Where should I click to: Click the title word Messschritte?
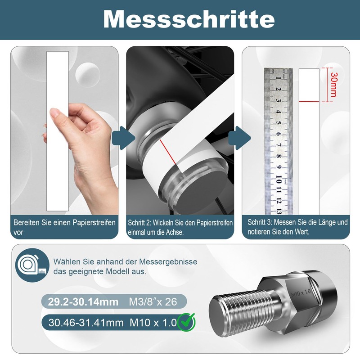coord(189,19)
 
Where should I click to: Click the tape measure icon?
coord(32,265)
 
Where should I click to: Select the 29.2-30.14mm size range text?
coord(83,301)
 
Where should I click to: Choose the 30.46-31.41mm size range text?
coord(86,323)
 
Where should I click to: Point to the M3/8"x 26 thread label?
coord(153,301)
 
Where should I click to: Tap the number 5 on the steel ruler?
coord(279,123)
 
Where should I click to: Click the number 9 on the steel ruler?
coord(279,167)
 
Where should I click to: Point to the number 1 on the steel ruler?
coord(279,78)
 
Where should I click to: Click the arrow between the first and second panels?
coord(123,138)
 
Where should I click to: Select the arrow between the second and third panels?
coord(239,138)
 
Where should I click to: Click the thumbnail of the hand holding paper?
coord(64,130)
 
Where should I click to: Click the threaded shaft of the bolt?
coord(247,308)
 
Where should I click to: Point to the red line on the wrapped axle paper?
coord(169,153)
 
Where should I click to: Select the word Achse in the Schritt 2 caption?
coord(175,232)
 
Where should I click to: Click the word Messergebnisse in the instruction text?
coord(168,262)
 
